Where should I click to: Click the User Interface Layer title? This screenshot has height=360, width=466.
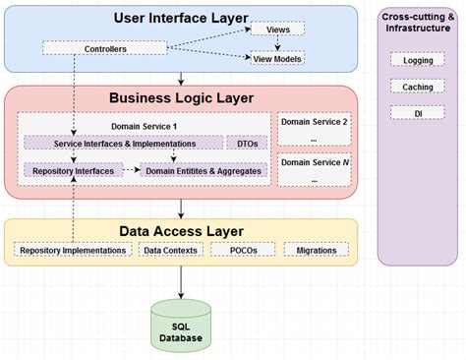click(x=181, y=18)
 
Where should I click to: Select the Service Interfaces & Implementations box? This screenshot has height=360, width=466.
click(x=123, y=144)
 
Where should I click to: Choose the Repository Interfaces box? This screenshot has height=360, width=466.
click(x=72, y=170)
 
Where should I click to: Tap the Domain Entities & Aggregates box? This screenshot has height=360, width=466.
click(x=204, y=170)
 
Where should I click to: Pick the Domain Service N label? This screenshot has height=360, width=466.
click(x=314, y=160)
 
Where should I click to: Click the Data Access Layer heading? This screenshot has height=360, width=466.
click(x=181, y=231)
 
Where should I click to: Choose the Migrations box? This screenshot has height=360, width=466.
click(x=316, y=250)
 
